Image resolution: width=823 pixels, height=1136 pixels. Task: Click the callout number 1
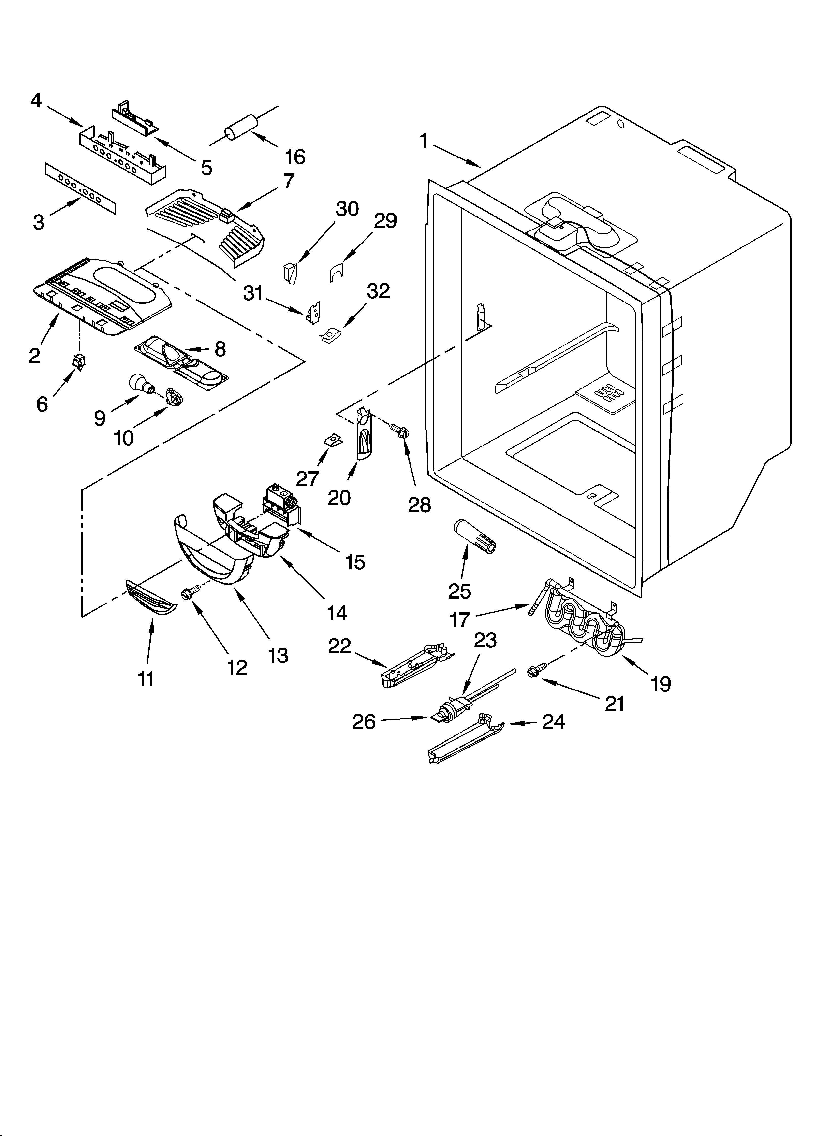[424, 141]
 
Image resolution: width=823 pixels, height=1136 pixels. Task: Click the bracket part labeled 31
[314, 312]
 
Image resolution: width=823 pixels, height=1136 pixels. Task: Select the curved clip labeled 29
[336, 273]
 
